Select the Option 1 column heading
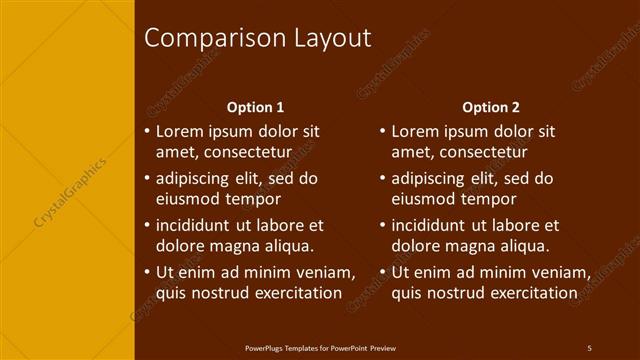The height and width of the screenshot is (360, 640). [x=255, y=107]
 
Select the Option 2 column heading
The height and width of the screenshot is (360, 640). [x=491, y=107]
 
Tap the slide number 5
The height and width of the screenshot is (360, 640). [x=589, y=347]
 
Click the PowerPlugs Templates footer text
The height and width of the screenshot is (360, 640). [x=320, y=347]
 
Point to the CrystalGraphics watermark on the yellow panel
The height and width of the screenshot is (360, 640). [x=71, y=189]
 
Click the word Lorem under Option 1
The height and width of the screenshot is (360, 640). [x=180, y=131]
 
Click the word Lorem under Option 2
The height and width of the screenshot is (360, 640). [x=416, y=131]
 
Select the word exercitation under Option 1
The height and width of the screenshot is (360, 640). [x=291, y=293]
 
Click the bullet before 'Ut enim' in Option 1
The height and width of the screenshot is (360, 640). [x=147, y=273]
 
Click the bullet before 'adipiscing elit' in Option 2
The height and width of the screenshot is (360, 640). [x=383, y=179]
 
